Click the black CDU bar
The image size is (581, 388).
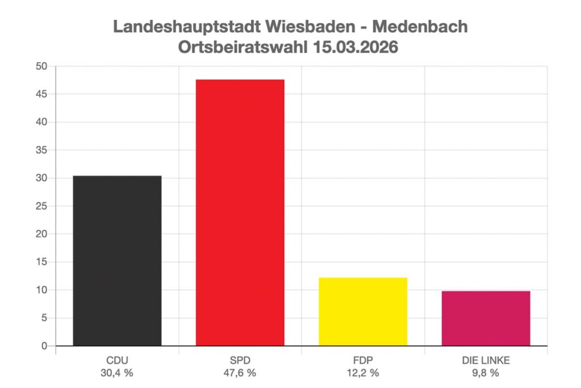(117, 261)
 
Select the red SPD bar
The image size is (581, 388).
(240, 213)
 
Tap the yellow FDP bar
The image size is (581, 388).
(363, 312)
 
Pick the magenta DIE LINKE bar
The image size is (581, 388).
(486, 318)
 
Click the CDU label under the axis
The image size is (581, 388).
(117, 361)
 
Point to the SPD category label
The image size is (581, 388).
(240, 361)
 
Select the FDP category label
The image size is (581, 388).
(363, 361)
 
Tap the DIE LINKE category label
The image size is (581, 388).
(486, 361)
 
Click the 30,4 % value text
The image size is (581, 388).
(117, 373)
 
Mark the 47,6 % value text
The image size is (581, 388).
(240, 373)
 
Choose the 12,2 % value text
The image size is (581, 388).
(363, 373)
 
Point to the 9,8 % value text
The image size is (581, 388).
(486, 373)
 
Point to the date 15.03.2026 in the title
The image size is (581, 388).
(356, 47)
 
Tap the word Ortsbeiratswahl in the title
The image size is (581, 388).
(243, 47)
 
